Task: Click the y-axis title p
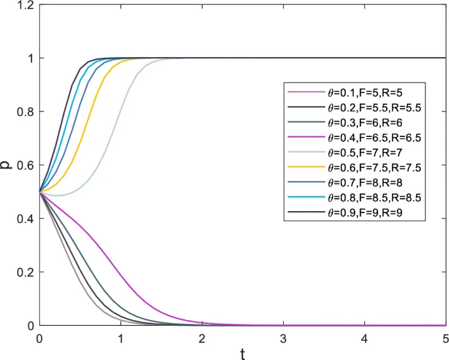coord(8,165)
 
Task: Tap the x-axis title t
coord(243,355)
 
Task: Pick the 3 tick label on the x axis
coord(283,338)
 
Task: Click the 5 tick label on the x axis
coord(445,338)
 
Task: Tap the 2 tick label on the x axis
coord(202,338)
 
